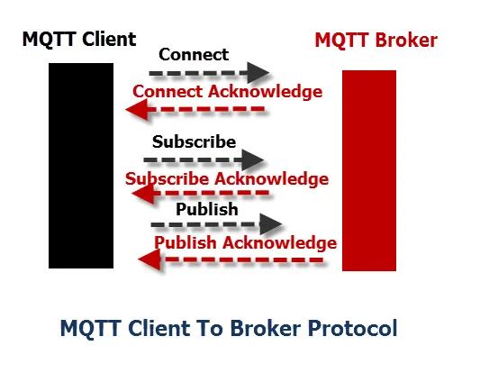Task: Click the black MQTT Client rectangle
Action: coord(81,166)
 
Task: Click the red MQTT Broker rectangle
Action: coord(369,170)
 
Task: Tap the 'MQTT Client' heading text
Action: coord(79,40)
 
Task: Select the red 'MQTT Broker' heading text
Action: coord(376,41)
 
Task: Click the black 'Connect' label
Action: coord(194,54)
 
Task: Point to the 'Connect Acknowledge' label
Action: coord(228,92)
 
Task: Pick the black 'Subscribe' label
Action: coord(194,141)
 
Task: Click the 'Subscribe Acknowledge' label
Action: coord(227,179)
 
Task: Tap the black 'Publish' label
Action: coord(207,209)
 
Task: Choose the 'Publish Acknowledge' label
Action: coord(246,242)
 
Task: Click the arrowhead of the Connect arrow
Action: coord(258,73)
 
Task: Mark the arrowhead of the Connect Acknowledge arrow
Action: coord(137,110)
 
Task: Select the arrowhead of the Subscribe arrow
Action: coord(252,159)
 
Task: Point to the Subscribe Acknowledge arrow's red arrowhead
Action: coord(143,193)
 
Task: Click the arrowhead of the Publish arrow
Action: coord(270,224)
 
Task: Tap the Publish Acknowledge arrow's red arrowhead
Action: coord(149,259)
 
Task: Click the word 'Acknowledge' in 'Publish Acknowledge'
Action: coord(280,242)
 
